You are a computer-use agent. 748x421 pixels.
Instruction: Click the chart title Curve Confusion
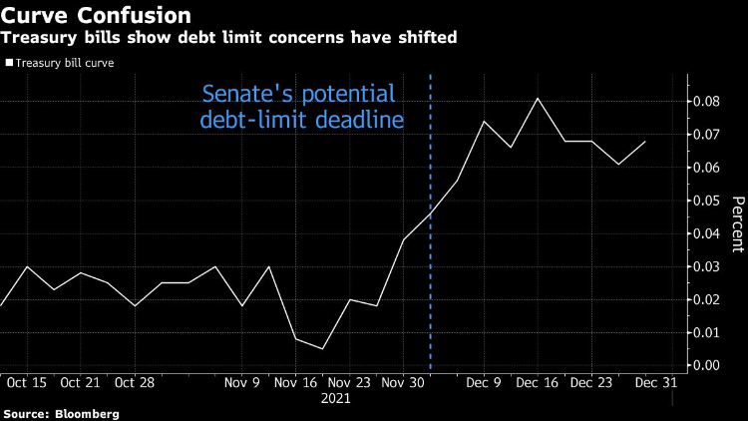(x=97, y=17)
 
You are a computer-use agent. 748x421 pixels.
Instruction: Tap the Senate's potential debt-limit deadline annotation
(x=299, y=108)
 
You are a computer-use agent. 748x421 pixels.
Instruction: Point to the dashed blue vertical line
(x=430, y=249)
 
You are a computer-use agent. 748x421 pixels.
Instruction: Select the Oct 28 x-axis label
(x=133, y=383)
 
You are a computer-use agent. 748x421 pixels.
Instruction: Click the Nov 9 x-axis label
(x=241, y=383)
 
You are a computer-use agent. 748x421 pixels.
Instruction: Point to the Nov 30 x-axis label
(x=404, y=383)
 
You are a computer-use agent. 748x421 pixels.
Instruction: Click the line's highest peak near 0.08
(x=539, y=98)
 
